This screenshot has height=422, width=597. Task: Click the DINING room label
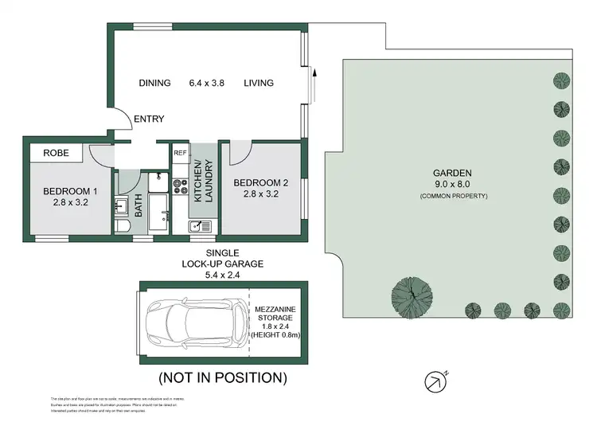point(155,83)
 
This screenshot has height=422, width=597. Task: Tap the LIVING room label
point(259,83)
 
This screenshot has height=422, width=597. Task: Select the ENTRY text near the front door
point(149,119)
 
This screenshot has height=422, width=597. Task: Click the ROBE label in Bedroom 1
point(55,152)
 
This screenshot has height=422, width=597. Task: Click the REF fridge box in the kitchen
point(180,152)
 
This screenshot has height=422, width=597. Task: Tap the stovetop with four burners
point(180,186)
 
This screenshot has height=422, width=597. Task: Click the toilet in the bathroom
point(123,227)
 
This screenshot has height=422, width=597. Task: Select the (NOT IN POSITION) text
point(223,377)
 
